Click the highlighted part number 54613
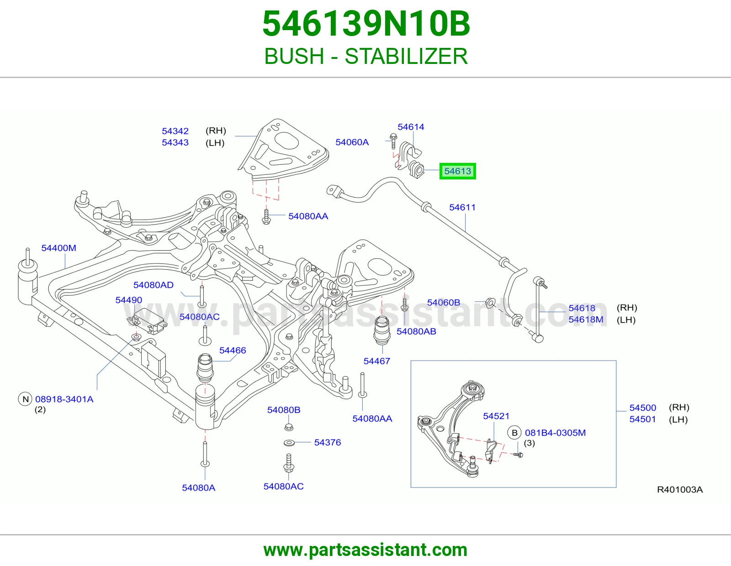[x=457, y=171]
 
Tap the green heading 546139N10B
[x=365, y=24]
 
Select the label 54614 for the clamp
[x=411, y=127]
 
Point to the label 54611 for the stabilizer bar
[x=462, y=207]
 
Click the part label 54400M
[x=58, y=248]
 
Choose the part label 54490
[x=128, y=300]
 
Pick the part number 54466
[x=233, y=351]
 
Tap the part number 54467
[x=377, y=362]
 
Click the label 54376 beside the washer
[x=327, y=443]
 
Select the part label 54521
[x=496, y=416]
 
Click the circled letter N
[x=25, y=399]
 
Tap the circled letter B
[x=514, y=433]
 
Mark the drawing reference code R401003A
[x=680, y=490]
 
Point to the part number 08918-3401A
[x=64, y=399]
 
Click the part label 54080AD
[x=154, y=285]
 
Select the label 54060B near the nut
[x=443, y=303]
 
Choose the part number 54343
[x=175, y=142]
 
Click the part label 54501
[x=642, y=419]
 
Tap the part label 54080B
[x=284, y=410]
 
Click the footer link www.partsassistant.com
[x=365, y=550]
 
